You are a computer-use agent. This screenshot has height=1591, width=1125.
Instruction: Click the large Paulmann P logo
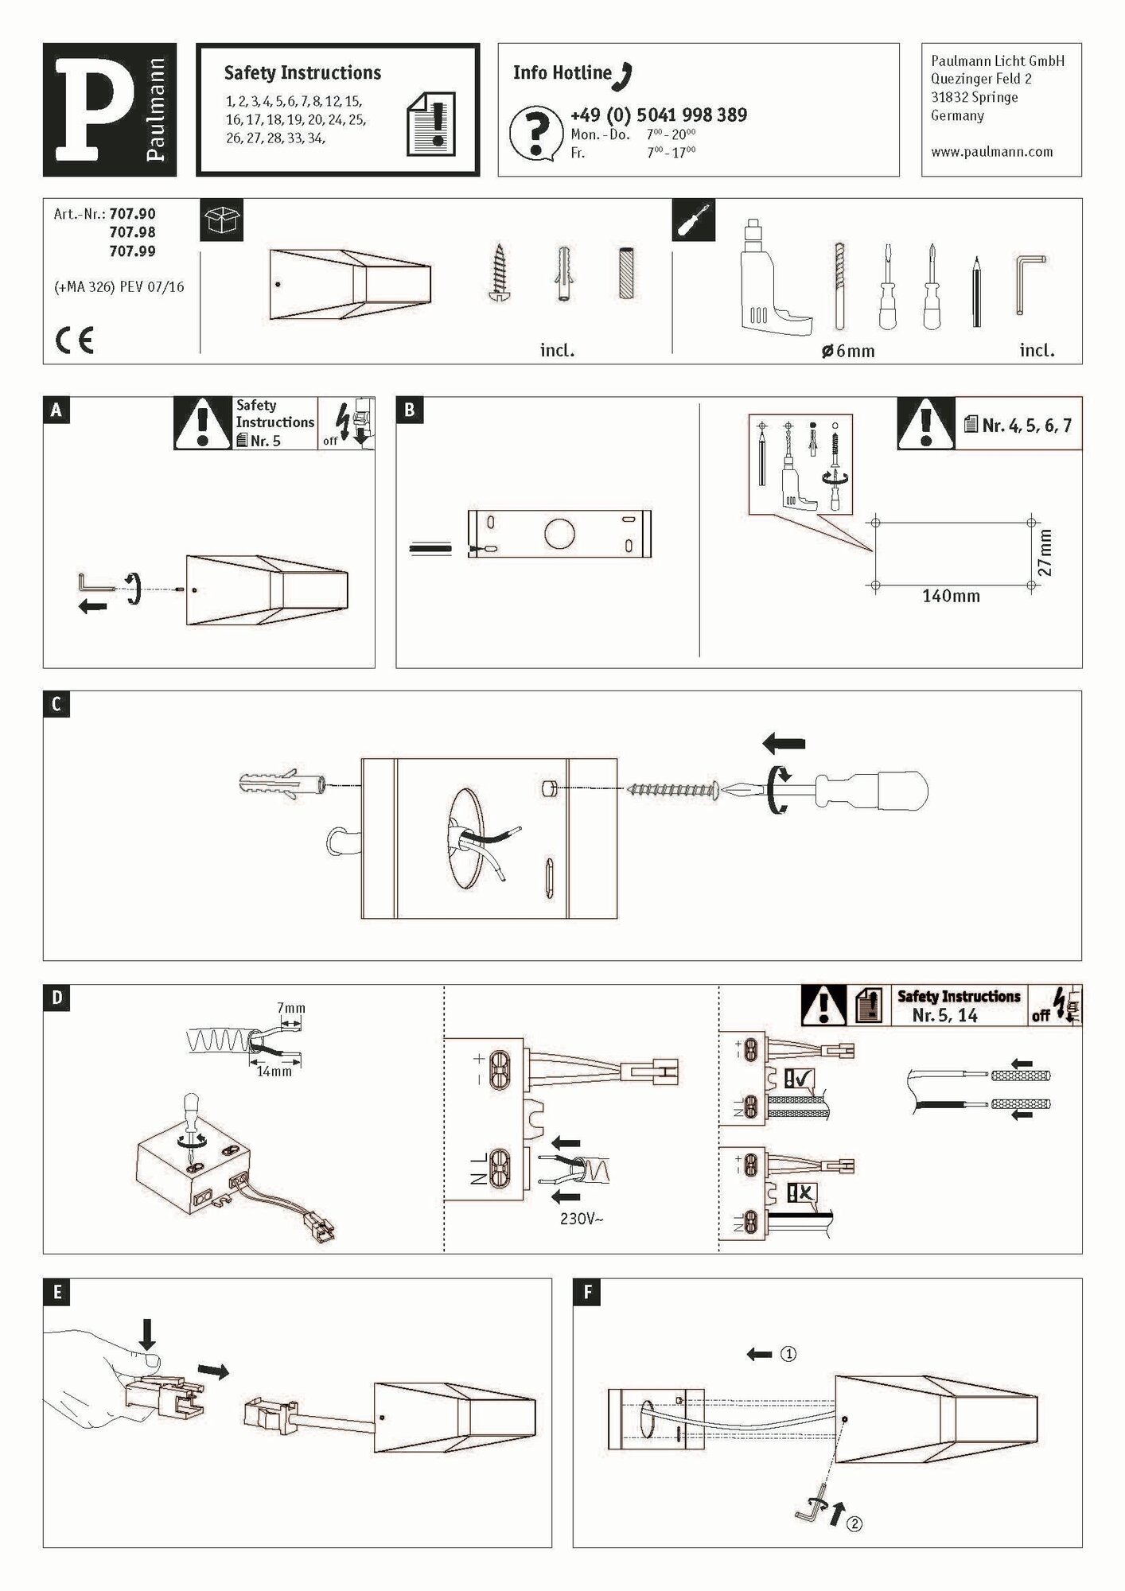[94, 109]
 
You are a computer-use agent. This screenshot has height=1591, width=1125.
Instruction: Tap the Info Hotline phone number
[658, 115]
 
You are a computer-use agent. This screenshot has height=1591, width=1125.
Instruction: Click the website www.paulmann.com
[991, 152]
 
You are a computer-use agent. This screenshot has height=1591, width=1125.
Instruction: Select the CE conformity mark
[75, 341]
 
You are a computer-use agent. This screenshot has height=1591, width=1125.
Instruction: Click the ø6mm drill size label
[848, 351]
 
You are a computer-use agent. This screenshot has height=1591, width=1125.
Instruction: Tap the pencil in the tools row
[976, 292]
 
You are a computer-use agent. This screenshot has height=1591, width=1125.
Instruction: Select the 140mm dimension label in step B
[951, 596]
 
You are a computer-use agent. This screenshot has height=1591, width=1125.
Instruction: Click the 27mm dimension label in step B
[1045, 552]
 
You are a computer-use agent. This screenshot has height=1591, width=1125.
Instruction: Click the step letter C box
[56, 705]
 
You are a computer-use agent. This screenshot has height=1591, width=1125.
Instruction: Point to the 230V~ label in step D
[581, 1218]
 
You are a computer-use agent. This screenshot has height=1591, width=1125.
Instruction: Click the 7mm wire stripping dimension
[290, 1009]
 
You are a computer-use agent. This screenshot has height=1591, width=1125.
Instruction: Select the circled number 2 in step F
[854, 1523]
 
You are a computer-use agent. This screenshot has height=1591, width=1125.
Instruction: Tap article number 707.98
[132, 232]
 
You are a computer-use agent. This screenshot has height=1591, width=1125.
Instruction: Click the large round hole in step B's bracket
[559, 534]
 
